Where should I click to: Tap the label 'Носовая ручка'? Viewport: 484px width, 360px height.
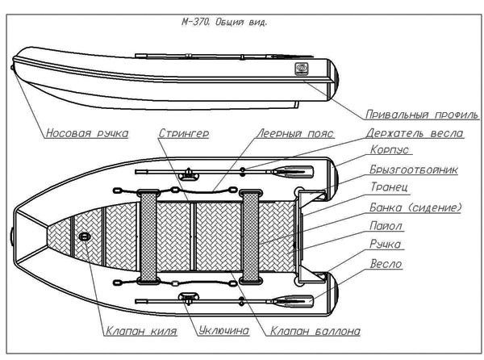click(86, 133)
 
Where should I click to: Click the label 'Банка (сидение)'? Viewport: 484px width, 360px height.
click(414, 207)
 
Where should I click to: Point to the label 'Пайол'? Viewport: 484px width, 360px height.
click(385, 227)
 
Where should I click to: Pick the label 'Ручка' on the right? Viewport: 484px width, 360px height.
click(385, 245)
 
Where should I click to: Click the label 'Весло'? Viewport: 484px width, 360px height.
click(386, 264)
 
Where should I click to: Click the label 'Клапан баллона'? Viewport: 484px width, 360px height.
click(315, 331)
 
